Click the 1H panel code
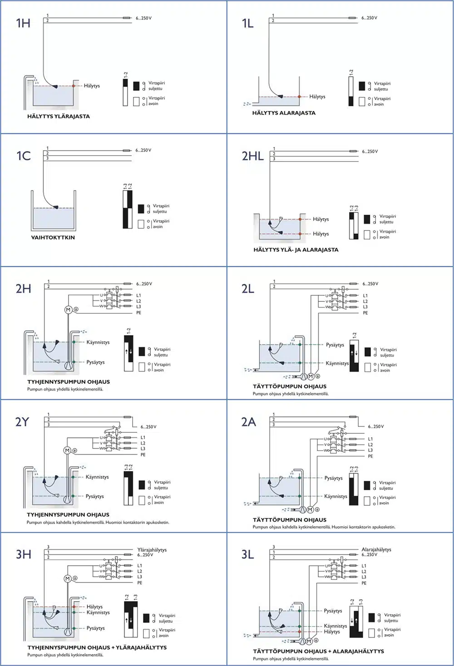(23, 23)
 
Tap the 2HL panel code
(252, 156)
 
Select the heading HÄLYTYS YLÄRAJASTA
(59, 116)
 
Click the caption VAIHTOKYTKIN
(53, 237)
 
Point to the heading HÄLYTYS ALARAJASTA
(284, 113)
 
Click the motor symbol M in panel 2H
(68, 309)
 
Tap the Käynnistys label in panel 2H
(98, 342)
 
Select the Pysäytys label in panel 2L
(335, 345)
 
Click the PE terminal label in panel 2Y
(143, 454)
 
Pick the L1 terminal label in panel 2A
(370, 439)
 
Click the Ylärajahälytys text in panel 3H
(152, 549)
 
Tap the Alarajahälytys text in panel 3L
(376, 549)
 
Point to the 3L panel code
(247, 554)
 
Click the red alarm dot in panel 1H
(74, 86)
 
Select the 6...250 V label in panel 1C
(143, 150)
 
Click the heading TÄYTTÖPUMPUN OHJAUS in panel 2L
(290, 386)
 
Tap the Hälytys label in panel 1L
(317, 97)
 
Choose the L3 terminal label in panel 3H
(140, 577)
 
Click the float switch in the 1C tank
(56, 207)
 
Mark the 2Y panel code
(22, 421)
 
